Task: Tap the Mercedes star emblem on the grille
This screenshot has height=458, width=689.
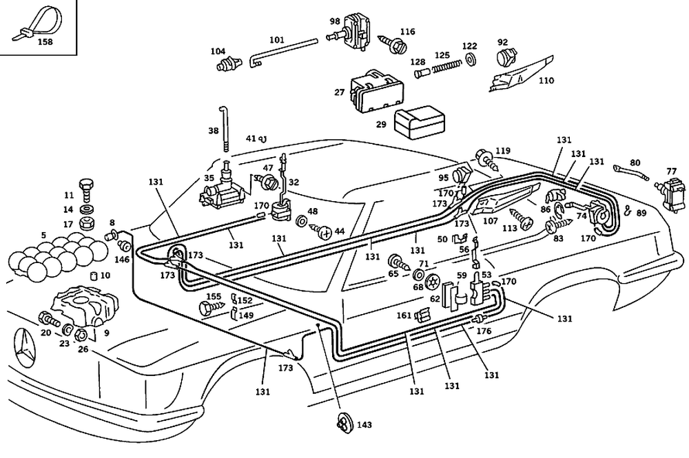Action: point(25,345)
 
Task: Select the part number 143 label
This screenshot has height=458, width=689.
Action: point(364,425)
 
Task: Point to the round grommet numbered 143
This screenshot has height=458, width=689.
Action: point(345,424)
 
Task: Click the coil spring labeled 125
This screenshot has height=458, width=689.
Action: point(446,67)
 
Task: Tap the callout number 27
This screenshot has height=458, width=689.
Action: point(339,92)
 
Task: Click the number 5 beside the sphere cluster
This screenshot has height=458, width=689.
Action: point(43,236)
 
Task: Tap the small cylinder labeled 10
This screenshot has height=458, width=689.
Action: point(94,275)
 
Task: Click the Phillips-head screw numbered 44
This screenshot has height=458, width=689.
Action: point(322,231)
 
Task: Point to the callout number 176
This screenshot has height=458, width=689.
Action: point(484,331)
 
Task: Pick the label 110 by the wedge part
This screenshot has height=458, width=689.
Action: point(546,81)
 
